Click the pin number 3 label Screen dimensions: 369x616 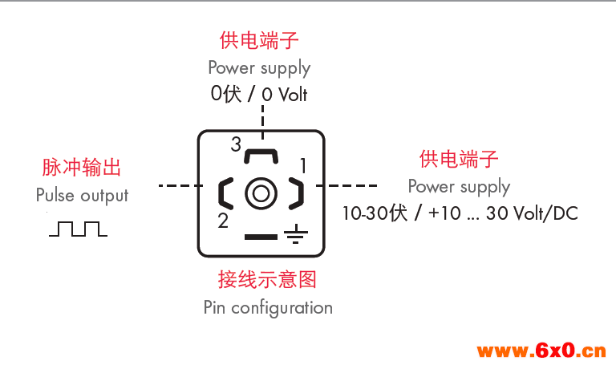point(236,144)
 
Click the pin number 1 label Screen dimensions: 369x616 point(303,165)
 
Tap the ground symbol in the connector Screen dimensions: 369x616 point(296,234)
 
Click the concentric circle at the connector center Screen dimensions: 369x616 point(261,193)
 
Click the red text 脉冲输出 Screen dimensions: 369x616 point(82,168)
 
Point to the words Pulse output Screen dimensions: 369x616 point(82,195)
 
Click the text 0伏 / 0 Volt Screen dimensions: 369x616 point(259,95)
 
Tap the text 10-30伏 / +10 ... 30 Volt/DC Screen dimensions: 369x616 point(460,213)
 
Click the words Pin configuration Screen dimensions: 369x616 point(268,307)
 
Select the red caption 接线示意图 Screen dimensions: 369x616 point(267,279)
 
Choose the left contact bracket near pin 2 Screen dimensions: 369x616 point(225,193)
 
